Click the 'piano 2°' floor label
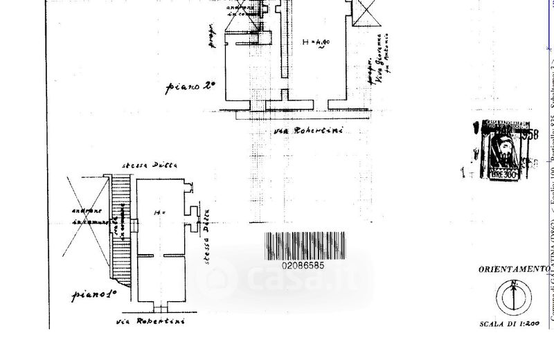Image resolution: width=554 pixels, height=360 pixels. [x=190, y=88]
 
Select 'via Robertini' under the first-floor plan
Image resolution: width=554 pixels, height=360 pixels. [x=159, y=322]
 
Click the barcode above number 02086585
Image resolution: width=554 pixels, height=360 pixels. [x=324, y=246]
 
